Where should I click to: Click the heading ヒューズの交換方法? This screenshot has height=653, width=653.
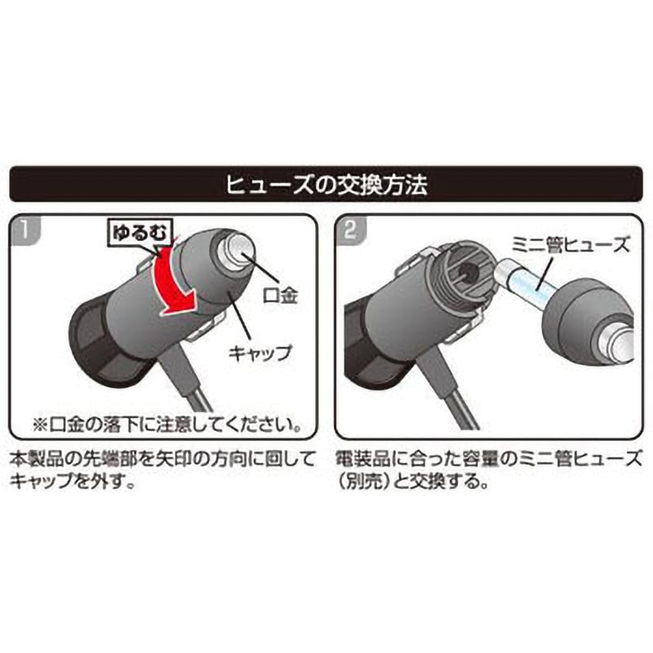click(x=327, y=185)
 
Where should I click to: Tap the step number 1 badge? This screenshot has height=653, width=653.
click(x=25, y=229)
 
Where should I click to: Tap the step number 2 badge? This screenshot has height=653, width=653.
click(x=351, y=229)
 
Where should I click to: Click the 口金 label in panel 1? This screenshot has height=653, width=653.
click(x=281, y=295)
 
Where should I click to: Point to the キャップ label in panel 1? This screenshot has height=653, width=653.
click(x=259, y=353)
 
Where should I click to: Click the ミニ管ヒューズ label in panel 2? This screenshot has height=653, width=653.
click(x=570, y=244)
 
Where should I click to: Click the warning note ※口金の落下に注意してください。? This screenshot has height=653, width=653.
click(x=167, y=424)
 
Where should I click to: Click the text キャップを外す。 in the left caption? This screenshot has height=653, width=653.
click(x=73, y=482)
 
